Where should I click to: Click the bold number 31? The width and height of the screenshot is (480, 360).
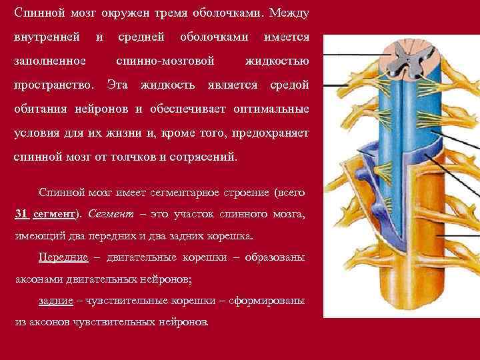tap(21, 214)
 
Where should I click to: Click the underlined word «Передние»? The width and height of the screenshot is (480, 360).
tap(61, 257)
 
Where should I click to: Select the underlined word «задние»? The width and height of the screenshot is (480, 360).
tap(55, 301)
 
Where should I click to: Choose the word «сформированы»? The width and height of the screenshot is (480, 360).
tap(267, 301)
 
